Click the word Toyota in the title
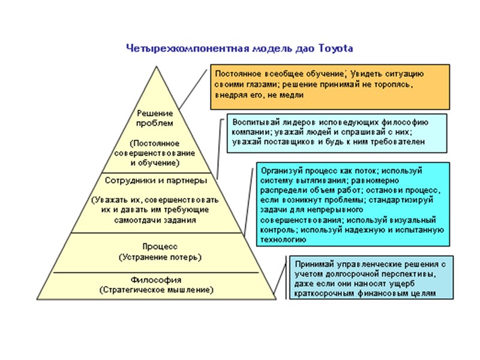337,47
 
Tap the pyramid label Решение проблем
155,118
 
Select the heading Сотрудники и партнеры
156,180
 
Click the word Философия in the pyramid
156,280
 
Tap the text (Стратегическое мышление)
156,290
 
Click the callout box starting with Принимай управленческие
370,277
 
